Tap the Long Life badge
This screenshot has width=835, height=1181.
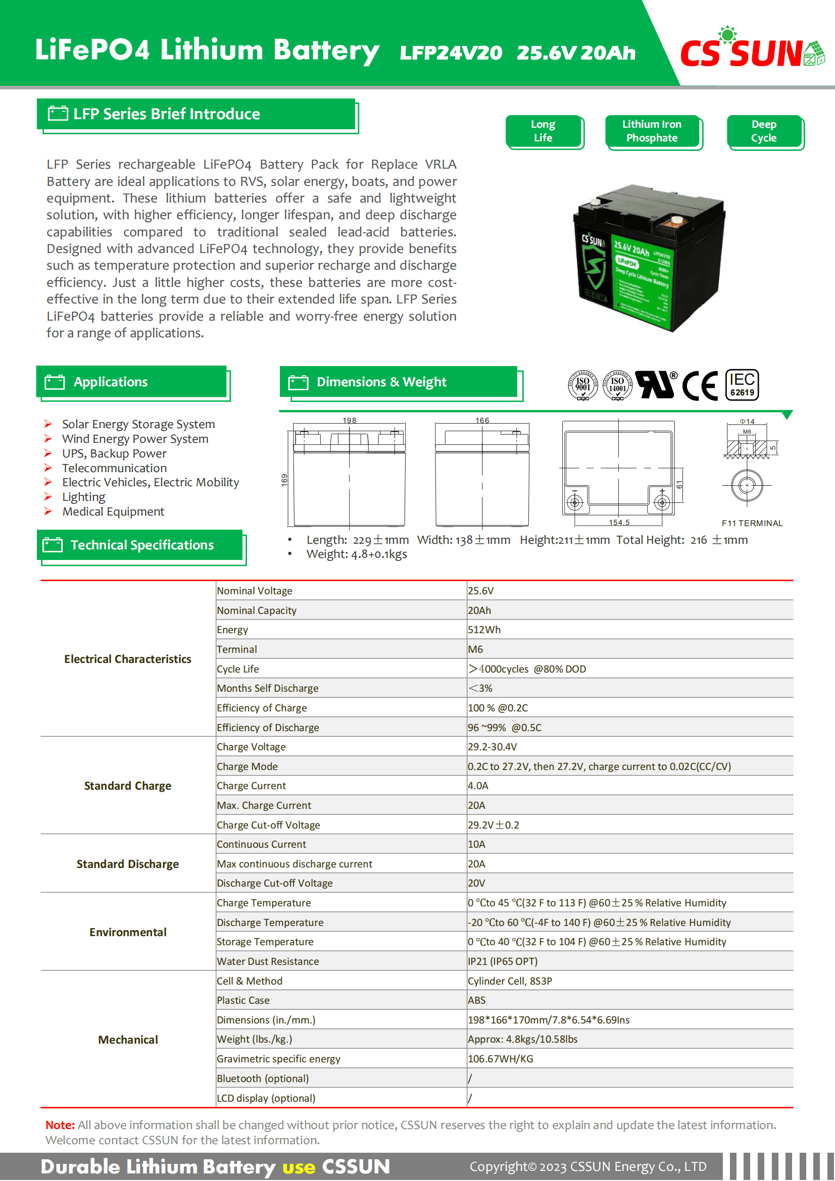(544, 131)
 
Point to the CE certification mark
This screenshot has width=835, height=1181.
(700, 386)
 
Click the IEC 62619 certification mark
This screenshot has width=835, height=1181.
(742, 385)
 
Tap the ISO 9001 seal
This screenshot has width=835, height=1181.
(582, 385)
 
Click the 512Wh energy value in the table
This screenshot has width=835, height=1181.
(484, 630)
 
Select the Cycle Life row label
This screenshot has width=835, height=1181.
(238, 669)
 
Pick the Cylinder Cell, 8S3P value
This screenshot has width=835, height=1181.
(510, 981)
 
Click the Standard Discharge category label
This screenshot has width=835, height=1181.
(128, 864)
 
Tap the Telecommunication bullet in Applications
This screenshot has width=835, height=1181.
(114, 468)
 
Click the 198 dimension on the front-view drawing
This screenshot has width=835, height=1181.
(350, 420)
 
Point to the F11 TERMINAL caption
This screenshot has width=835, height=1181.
(752, 523)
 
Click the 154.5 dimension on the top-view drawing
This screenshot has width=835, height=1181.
(619, 523)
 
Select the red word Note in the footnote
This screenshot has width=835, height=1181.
(60, 1125)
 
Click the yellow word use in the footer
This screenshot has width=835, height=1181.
(299, 1166)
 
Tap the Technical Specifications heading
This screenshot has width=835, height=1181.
(142, 545)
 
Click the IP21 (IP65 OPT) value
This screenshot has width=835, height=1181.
(503, 961)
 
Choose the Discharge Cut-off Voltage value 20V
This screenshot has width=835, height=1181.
(476, 883)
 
